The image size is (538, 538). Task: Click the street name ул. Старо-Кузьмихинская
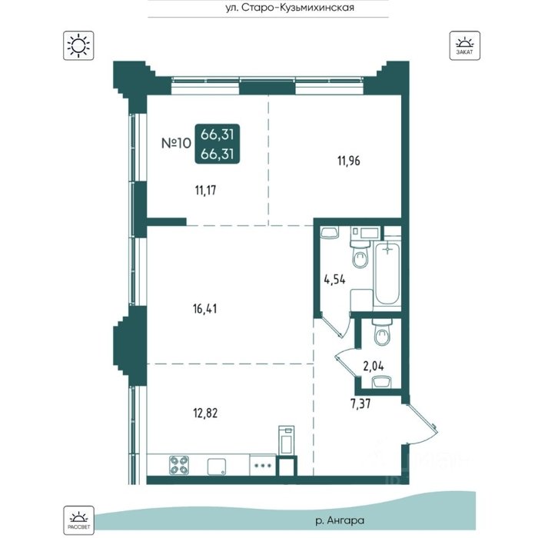point(290,7)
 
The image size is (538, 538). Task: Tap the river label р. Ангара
point(340,520)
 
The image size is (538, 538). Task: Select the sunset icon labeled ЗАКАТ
point(464,45)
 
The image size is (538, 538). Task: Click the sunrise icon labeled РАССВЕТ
point(78,520)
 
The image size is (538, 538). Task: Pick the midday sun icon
point(78,45)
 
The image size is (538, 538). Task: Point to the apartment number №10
point(176,143)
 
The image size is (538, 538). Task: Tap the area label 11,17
point(205,190)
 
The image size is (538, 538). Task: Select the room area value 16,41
point(205,309)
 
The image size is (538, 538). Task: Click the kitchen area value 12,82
point(205,413)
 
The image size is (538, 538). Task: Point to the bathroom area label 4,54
point(334,279)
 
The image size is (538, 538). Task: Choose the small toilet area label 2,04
point(374,367)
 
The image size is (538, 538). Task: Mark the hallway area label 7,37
point(360,403)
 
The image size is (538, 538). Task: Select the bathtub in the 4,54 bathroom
point(387,274)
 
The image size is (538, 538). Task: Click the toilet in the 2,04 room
point(382,332)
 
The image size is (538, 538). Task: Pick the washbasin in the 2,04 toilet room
point(382,382)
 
